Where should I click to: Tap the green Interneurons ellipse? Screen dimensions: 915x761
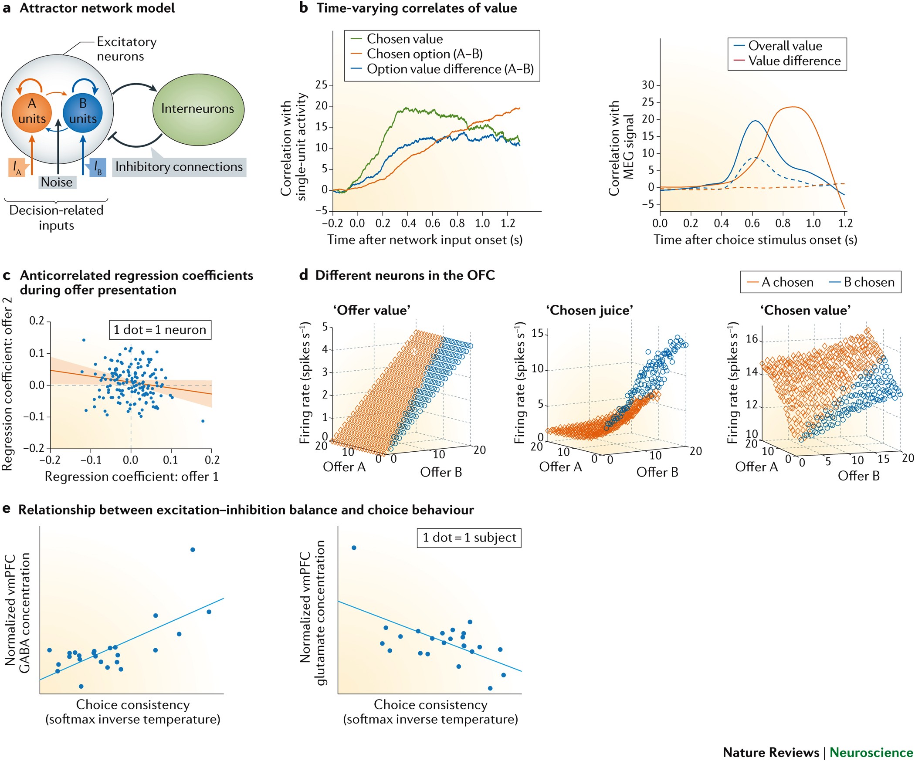tap(198, 109)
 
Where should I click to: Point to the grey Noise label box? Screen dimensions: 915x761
tap(57, 182)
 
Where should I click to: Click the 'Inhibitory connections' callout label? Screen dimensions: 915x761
tap(179, 167)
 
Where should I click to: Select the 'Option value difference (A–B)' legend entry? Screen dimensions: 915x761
tap(442, 69)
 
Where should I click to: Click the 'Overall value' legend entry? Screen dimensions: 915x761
tap(778, 46)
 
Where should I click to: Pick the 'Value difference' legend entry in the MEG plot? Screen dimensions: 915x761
tap(787, 61)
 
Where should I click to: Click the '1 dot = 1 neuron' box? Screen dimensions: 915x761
tap(160, 330)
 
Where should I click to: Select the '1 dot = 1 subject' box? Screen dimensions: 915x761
tap(469, 538)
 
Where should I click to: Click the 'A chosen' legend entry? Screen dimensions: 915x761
tap(780, 282)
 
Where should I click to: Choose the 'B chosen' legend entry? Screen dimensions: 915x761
tap(862, 282)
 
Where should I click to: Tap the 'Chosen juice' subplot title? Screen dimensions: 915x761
tap(590, 310)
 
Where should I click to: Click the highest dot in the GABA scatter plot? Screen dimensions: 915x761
tap(193, 550)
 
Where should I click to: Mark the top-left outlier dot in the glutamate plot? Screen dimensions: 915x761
tap(354, 548)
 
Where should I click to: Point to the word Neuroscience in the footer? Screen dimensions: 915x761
tap(871, 752)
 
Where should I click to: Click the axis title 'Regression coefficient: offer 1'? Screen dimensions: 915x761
tap(132, 477)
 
